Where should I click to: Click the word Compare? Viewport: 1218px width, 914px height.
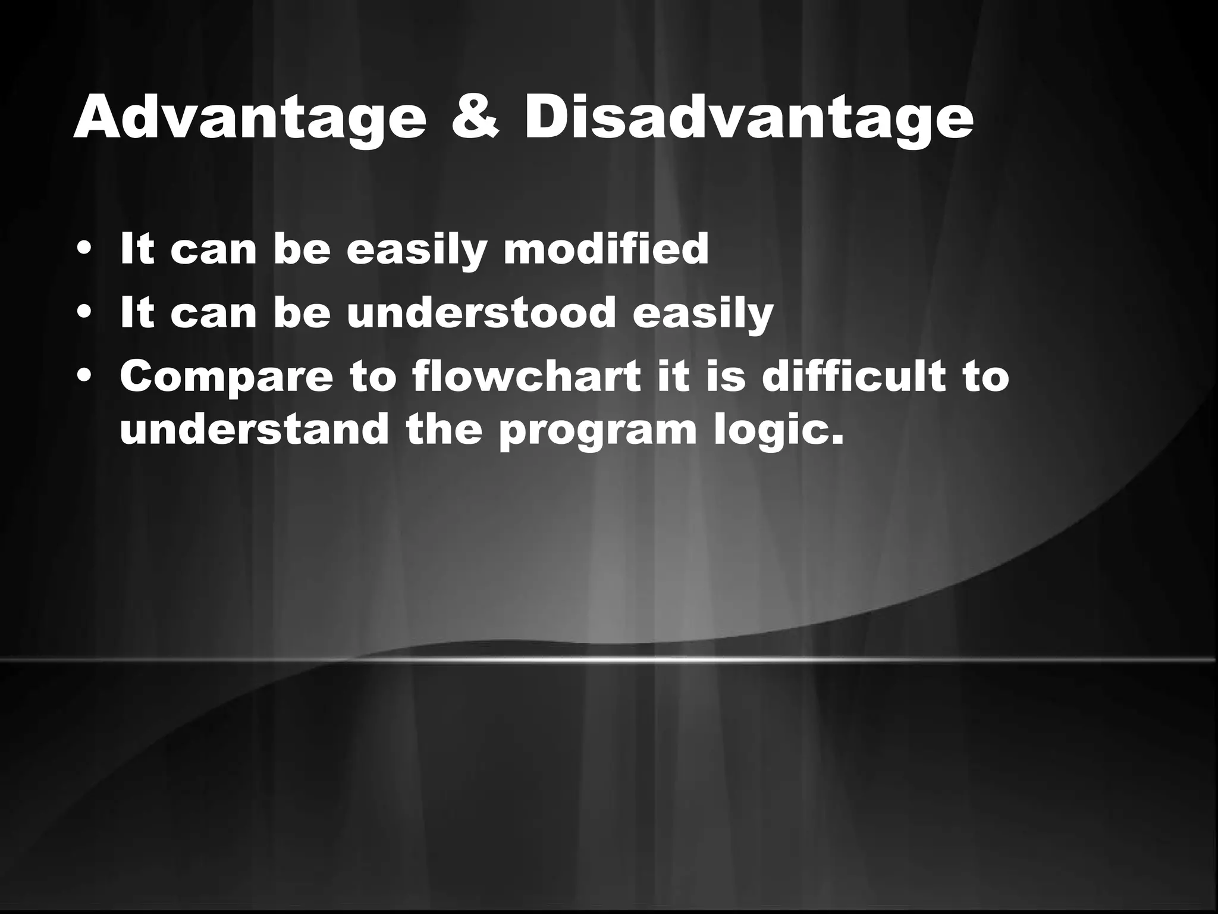[x=226, y=378]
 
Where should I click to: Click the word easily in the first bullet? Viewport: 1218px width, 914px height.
[x=416, y=251]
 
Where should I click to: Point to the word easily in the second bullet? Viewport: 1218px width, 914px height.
[x=702, y=314]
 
